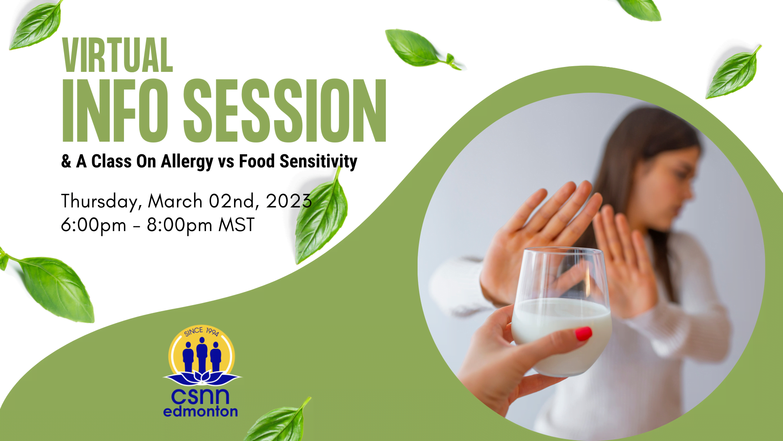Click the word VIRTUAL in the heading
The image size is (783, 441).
click(118, 55)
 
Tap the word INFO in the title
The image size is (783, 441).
click(115, 110)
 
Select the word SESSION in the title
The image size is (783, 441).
click(285, 110)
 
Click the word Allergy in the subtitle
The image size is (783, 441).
click(187, 162)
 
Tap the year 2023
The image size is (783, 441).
click(289, 201)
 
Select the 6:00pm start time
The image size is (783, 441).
click(93, 225)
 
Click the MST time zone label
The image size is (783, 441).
click(237, 225)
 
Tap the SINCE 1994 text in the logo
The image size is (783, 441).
click(201, 332)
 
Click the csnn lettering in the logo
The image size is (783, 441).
click(200, 396)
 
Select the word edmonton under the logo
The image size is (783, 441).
click(200, 411)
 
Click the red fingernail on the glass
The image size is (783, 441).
click(584, 334)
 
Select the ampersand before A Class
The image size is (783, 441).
click(66, 162)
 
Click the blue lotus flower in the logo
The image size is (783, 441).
click(202, 378)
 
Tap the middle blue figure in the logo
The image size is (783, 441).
click(202, 354)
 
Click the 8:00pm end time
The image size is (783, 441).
click(179, 225)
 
